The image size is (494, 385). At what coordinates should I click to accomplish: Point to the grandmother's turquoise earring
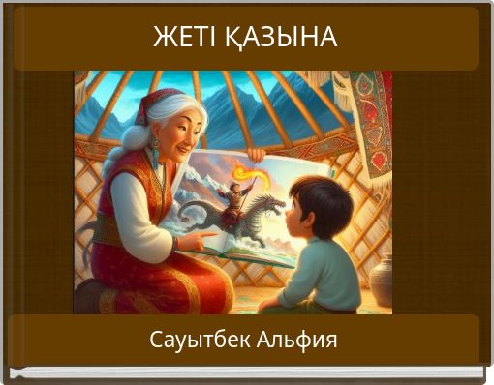(153, 148)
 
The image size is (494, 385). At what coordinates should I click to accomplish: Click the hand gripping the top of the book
(256, 154)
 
